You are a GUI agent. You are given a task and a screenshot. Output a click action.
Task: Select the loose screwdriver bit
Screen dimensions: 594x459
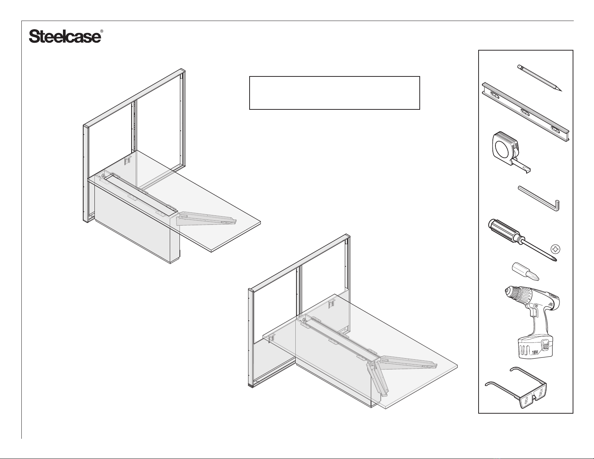tap(525, 271)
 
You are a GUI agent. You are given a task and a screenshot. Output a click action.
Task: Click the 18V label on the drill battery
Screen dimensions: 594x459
tap(535, 353)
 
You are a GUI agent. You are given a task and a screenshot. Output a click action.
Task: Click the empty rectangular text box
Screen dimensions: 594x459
tap(334, 93)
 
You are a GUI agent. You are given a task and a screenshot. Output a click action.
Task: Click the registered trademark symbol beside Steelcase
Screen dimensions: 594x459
tap(102, 31)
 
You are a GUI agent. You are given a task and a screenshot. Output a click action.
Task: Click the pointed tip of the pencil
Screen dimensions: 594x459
tap(561, 91)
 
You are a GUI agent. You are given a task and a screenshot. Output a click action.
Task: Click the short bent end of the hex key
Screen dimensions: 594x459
tap(557, 206)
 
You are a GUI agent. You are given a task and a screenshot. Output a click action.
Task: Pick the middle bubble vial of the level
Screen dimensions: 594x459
tap(525, 112)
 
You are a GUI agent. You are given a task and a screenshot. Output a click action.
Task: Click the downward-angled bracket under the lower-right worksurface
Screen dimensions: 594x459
tap(377, 379)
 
